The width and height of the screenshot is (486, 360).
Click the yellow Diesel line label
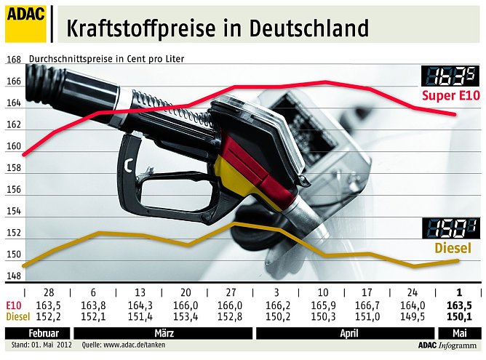pyautogui.click(x=453, y=249)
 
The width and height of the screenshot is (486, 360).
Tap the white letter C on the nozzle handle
pyautogui.click(x=128, y=167)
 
